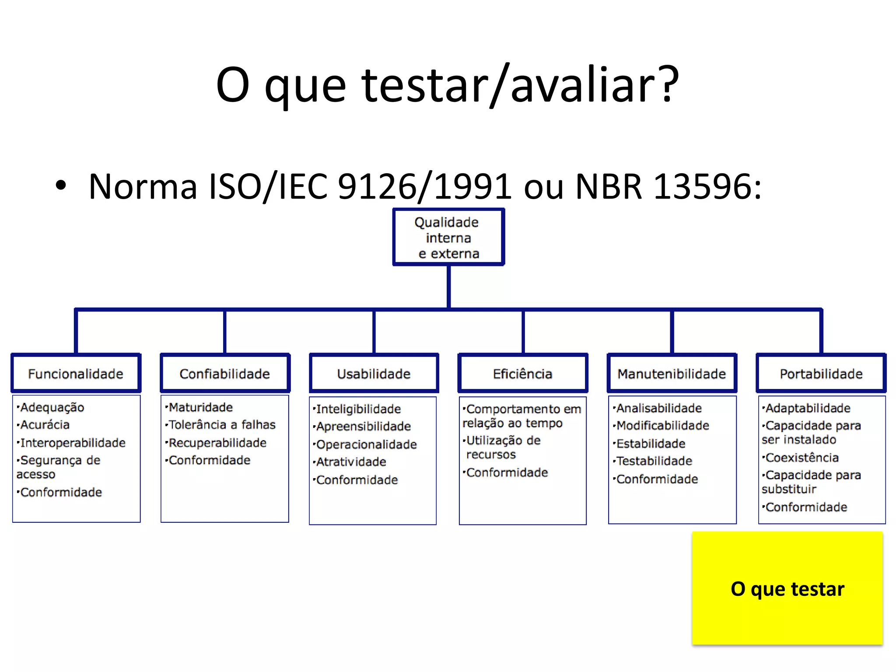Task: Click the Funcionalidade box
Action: (76, 373)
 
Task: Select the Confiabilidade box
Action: (225, 373)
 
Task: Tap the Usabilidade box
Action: (374, 373)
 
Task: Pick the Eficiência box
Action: (523, 373)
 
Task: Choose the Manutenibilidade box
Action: (672, 373)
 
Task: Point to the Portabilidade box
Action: (821, 373)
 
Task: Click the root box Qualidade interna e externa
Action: (448, 238)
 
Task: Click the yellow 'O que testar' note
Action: (787, 588)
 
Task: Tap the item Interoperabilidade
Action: (73, 443)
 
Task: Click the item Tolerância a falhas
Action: (222, 425)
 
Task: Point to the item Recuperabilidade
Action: (217, 443)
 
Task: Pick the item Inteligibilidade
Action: (358, 409)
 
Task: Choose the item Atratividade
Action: (351, 462)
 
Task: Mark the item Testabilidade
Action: (654, 461)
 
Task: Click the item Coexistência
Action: (802, 458)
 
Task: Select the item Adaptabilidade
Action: (808, 408)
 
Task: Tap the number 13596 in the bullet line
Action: (702, 187)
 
